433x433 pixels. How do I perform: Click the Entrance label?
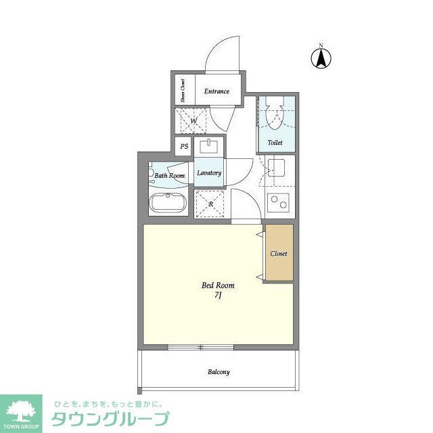[x=217, y=91]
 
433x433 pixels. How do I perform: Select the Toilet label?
[x=275, y=143]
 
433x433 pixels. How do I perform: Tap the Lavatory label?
[x=209, y=173]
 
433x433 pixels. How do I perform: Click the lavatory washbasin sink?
[x=209, y=145]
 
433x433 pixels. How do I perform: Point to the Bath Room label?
[x=169, y=176]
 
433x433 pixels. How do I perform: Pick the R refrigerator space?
[x=210, y=204]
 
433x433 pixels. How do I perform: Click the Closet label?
[x=279, y=254]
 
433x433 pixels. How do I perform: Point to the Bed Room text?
[x=219, y=286]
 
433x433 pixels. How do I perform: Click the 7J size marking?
[x=218, y=297]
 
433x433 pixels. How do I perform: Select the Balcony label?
[x=218, y=372]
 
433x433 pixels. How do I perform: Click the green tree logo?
[x=22, y=411]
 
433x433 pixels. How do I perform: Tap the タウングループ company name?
[x=108, y=419]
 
